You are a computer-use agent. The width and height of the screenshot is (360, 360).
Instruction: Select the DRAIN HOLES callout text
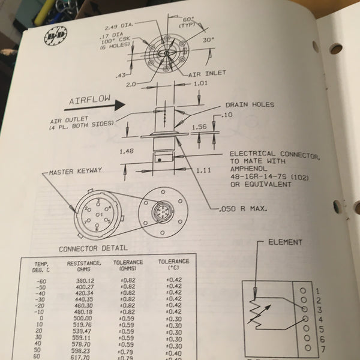[x=250, y=104]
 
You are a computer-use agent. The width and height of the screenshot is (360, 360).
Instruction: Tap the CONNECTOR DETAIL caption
[x=92, y=248]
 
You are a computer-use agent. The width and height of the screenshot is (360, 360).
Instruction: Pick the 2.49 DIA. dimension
[x=119, y=26]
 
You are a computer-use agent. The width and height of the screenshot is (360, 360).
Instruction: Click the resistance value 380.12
[x=83, y=281]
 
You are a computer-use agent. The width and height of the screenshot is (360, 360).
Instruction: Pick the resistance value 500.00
[x=83, y=318]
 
